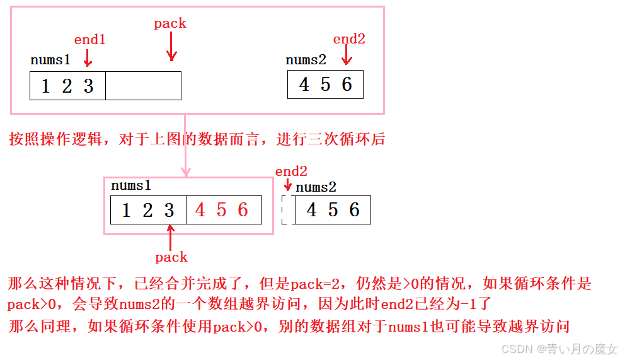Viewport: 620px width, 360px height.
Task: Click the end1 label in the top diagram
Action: (x=89, y=40)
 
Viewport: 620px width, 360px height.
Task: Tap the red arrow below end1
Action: (x=88, y=59)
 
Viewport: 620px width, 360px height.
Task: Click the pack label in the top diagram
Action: (x=170, y=23)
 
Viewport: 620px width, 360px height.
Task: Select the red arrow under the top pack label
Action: (x=171, y=47)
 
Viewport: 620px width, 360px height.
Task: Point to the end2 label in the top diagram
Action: (x=349, y=39)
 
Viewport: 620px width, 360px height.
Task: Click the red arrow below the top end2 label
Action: (x=346, y=57)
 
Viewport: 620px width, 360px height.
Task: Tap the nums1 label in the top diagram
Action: (x=50, y=61)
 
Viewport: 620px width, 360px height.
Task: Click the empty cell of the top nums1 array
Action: (x=143, y=86)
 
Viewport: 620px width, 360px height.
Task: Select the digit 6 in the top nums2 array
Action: (x=347, y=84)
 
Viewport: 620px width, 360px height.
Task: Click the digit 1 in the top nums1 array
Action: (x=45, y=86)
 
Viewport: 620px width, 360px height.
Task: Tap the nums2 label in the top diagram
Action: (x=306, y=60)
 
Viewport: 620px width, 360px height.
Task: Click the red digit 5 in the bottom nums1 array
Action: (x=222, y=210)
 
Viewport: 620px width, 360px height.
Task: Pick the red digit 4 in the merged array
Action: (x=200, y=210)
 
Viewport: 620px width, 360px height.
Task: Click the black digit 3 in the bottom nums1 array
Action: (x=169, y=210)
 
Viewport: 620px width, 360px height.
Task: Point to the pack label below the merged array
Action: (x=171, y=257)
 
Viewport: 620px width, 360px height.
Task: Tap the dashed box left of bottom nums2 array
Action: (x=287, y=209)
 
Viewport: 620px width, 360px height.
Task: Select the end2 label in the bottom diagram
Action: (x=291, y=171)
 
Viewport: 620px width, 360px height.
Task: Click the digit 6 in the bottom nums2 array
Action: (x=354, y=210)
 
